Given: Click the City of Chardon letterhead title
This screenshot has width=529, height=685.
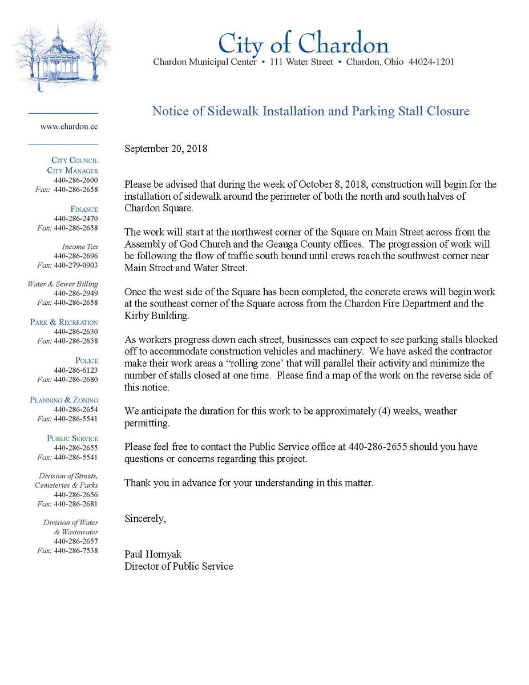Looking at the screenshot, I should coord(303,43).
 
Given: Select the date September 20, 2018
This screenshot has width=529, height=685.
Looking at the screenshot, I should coord(166,149).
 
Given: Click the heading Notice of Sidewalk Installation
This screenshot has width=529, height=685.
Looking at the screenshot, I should coord(310,111).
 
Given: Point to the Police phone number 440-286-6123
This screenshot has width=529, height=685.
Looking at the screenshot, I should coord(76,370).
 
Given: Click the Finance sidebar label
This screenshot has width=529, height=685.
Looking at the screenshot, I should coord(84,209).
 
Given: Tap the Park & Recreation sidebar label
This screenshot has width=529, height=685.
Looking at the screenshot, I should coord(64,322).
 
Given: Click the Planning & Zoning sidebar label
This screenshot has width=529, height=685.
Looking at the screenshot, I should coord(64,400).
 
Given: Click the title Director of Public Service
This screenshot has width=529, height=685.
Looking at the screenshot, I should coord(179,566).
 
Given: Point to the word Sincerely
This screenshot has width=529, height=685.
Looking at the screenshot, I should coord(145,519).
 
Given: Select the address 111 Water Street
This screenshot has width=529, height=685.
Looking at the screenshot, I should coord(301,62).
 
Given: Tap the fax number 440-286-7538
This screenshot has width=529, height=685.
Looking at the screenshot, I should coord(76,550).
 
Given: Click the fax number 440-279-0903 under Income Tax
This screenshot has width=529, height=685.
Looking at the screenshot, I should coord(76,265).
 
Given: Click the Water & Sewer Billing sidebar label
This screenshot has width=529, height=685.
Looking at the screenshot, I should coord(63,284).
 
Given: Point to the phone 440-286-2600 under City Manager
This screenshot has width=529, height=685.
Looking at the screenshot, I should coord(76,180).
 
